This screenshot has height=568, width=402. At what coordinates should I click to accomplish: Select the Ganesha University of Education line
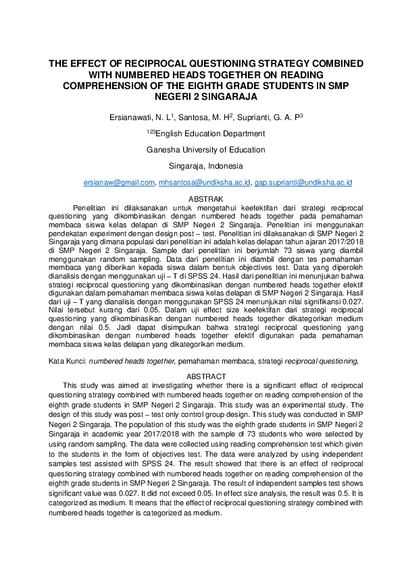pos(206,150)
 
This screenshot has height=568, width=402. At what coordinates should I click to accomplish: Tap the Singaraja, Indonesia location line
pos(206,166)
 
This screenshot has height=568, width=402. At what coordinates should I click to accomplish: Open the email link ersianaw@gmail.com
pos(119,183)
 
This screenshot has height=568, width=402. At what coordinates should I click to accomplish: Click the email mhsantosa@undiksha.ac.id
pos(205,183)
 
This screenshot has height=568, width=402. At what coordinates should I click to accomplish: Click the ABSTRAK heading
pos(205,200)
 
